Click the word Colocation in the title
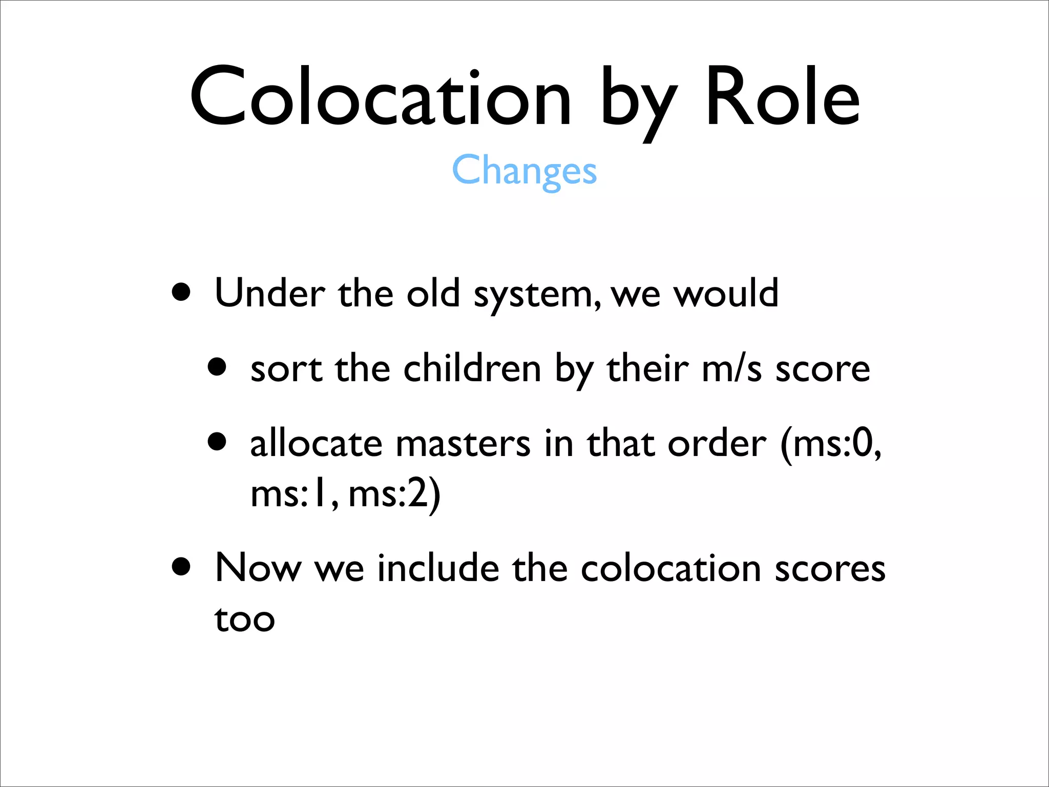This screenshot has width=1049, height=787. [380, 97]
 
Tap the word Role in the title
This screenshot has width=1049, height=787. [782, 97]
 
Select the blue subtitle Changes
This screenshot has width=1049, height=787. [524, 171]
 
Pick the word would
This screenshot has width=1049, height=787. [726, 293]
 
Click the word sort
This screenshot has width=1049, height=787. [286, 369]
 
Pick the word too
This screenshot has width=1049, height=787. [245, 619]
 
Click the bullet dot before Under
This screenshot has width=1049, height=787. [181, 293]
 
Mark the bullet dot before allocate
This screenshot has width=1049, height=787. [217, 441]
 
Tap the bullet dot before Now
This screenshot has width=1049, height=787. [181, 567]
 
